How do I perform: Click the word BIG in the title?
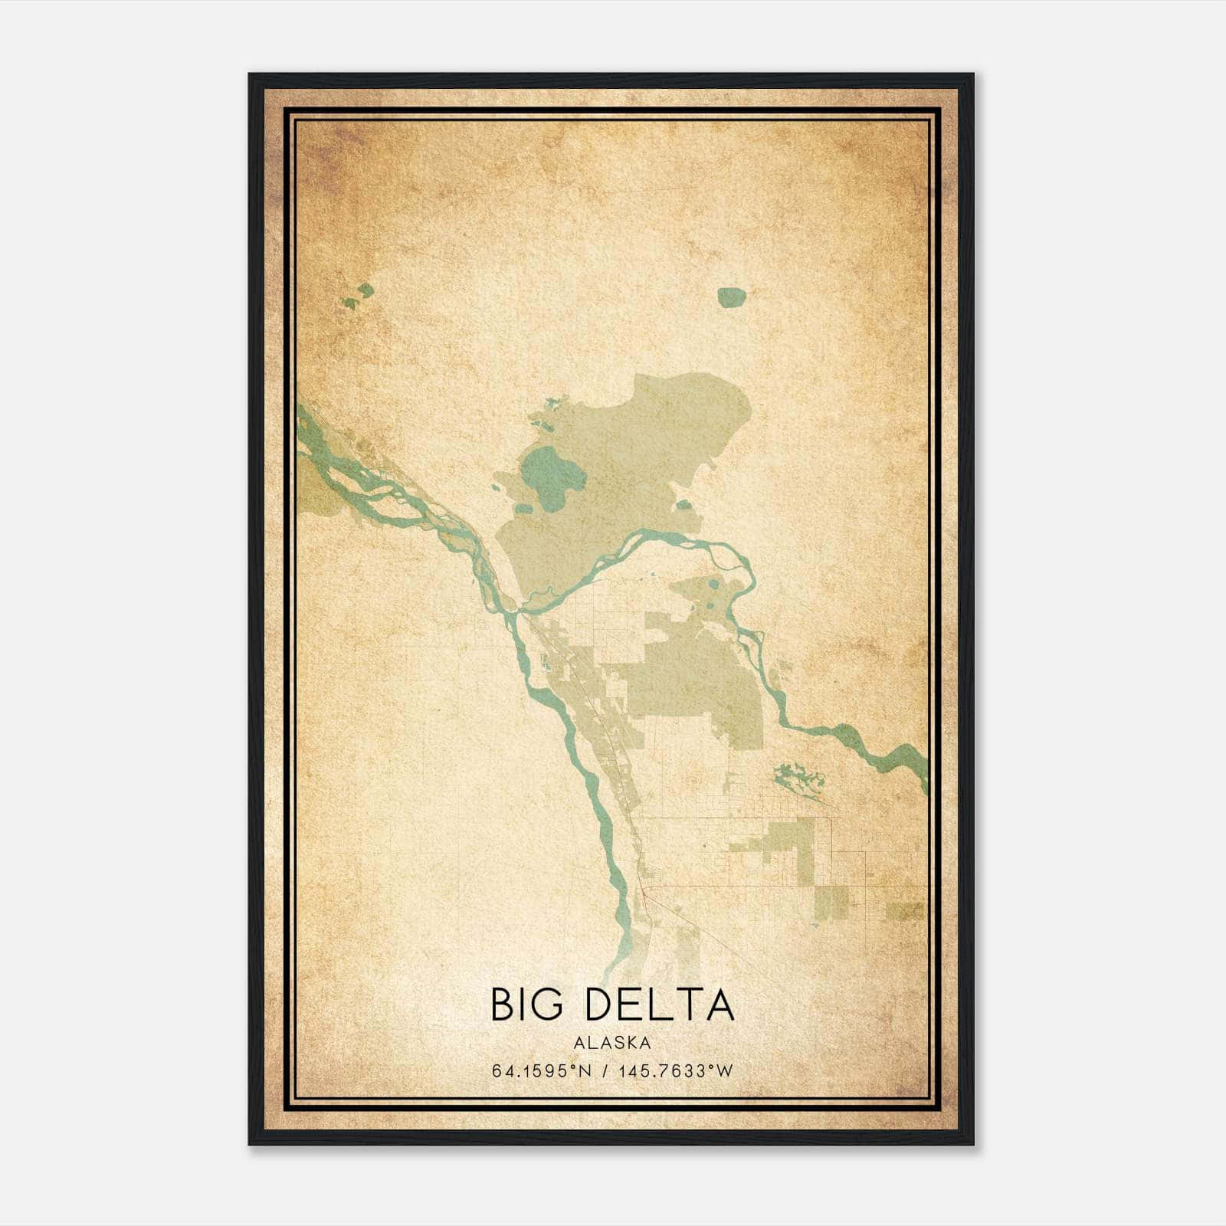[526, 1006]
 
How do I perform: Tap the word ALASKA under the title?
[612, 1043]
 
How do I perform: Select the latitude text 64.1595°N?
[542, 1071]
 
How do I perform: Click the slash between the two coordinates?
[605, 1071]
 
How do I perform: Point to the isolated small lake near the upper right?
[731, 297]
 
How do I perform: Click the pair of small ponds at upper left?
[359, 296]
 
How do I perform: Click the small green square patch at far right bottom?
[906, 911]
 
